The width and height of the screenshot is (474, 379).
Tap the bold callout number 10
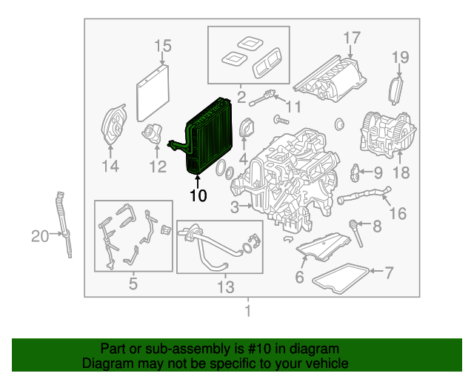(198, 196)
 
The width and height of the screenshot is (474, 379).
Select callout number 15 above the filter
(162, 47)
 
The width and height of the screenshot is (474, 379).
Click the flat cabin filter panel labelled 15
(153, 92)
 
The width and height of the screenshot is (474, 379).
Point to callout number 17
(351, 38)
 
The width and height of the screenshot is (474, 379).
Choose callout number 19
(400, 57)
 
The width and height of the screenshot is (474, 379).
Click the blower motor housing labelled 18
(384, 133)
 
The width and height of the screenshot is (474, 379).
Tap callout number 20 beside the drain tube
(39, 236)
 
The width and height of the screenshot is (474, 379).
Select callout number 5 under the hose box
(133, 283)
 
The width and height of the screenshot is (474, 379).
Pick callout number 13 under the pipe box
(224, 286)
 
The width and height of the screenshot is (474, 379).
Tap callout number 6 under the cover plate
(299, 278)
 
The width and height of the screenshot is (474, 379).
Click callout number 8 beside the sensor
(376, 226)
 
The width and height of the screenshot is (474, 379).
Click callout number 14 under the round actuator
(110, 167)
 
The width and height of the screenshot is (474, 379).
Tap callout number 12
(158, 167)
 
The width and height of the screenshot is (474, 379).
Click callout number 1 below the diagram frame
(248, 310)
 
